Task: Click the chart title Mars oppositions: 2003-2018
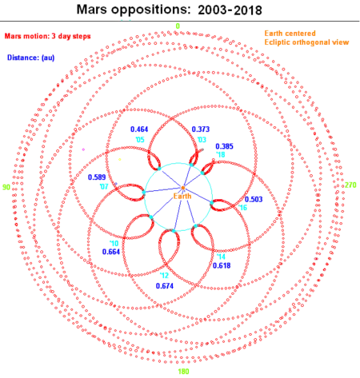coord(170,10)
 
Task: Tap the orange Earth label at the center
coord(182,197)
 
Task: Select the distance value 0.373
coord(201,129)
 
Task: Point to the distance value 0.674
coord(165,286)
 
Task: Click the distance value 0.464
coord(139,129)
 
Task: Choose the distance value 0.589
coord(97,177)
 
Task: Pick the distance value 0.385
coord(224,146)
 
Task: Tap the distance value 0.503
coord(254,199)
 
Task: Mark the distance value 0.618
coord(222,265)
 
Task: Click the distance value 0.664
coord(111,252)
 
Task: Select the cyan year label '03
coord(202,140)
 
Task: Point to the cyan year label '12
coord(164,275)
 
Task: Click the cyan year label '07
coord(104,186)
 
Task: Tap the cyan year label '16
coord(242,208)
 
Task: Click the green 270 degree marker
coord(350,185)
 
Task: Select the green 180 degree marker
coord(183,372)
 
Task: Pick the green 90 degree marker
coord(6,187)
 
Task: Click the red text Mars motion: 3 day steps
coord(48,36)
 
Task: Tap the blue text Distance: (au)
coord(31,58)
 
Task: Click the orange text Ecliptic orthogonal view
coord(306,42)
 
